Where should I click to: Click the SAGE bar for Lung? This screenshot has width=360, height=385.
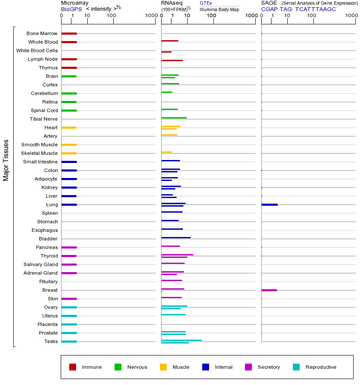tap(269, 204)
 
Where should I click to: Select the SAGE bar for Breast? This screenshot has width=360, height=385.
tap(269, 290)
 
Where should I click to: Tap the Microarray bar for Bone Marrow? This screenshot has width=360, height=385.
tap(69, 33)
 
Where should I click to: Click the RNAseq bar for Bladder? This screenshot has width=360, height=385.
tap(176, 237)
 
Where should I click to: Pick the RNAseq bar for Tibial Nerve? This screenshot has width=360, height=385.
tap(174, 118)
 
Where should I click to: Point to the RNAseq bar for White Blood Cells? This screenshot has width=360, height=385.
tap(166, 52)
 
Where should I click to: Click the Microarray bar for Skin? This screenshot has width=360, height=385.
tap(69, 299)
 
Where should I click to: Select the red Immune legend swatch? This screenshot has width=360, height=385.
tap(73, 367)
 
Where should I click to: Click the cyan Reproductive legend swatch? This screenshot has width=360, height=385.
tap(296, 367)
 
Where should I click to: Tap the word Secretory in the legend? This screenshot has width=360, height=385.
tap(269, 367)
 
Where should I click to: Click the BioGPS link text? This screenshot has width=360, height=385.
tap(71, 9)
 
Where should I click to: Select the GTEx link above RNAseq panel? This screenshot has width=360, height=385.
tap(206, 3)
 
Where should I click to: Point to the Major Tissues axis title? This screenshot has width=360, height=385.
tap(6, 160)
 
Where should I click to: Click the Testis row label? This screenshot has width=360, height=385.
tap(51, 341)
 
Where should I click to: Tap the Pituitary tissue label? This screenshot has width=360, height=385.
tap(48, 281)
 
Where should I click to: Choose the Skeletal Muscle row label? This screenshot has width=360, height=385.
tap(39, 153)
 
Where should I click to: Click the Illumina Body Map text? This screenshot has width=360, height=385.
tap(219, 9)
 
